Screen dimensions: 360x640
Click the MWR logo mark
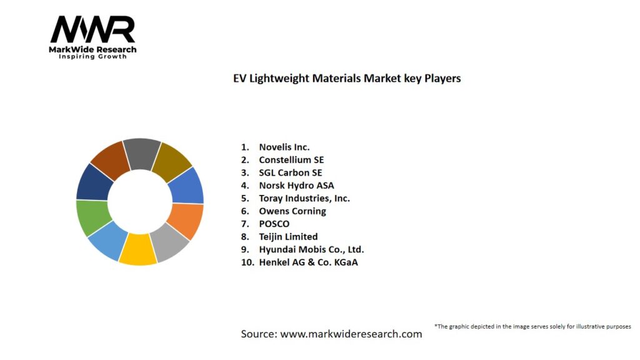point(92,29)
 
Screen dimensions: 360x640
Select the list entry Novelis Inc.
point(284,147)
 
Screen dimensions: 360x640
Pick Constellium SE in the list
point(291,160)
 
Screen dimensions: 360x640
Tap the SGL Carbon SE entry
point(291,172)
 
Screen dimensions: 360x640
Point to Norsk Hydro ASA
point(296,185)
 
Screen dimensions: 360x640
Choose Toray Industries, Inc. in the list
point(304,198)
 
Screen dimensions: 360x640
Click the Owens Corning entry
point(292,211)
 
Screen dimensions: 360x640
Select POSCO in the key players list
point(274,224)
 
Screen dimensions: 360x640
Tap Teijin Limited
point(288,237)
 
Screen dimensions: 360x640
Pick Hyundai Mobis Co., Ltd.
point(311,249)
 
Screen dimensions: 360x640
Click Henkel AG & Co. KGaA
point(308,262)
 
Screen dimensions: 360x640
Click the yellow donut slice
point(137,249)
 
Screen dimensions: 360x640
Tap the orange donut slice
point(186,221)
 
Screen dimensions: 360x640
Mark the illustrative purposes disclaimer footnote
point(532,326)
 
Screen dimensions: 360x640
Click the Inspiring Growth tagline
point(92,57)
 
